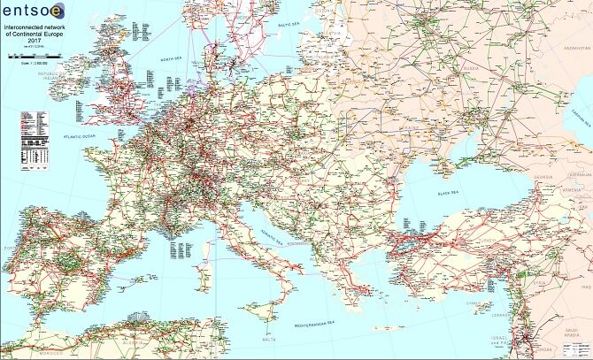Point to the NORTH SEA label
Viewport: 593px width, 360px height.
click(x=172, y=60)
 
